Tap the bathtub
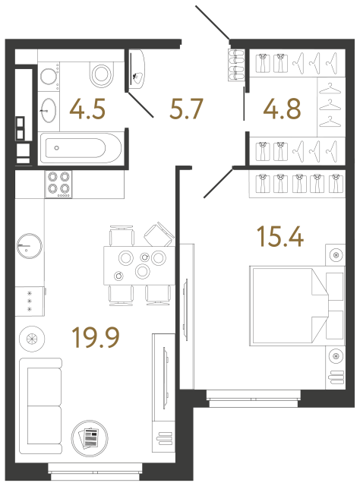click(79, 149)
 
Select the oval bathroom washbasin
click(48, 109)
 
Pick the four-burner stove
click(59, 183)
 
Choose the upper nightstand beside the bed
click(335, 255)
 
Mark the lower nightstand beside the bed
click(335, 355)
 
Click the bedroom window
click(254, 393)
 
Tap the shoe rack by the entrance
click(235, 64)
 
